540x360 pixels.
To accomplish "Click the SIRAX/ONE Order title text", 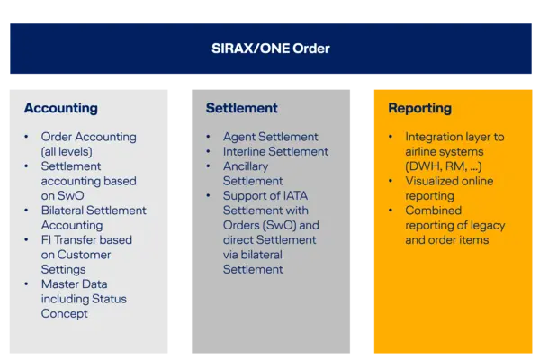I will (x=270, y=48).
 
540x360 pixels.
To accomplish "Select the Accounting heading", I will (x=60, y=108).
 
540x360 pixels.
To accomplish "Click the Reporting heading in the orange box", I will (x=419, y=108).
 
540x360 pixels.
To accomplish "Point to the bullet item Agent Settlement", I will (x=270, y=137).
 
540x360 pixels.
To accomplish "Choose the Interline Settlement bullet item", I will (x=275, y=151).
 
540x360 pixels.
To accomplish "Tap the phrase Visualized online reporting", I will (x=442, y=187).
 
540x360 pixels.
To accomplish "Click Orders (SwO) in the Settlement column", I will (x=254, y=225).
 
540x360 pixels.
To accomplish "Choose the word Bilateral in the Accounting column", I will (x=67, y=211).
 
